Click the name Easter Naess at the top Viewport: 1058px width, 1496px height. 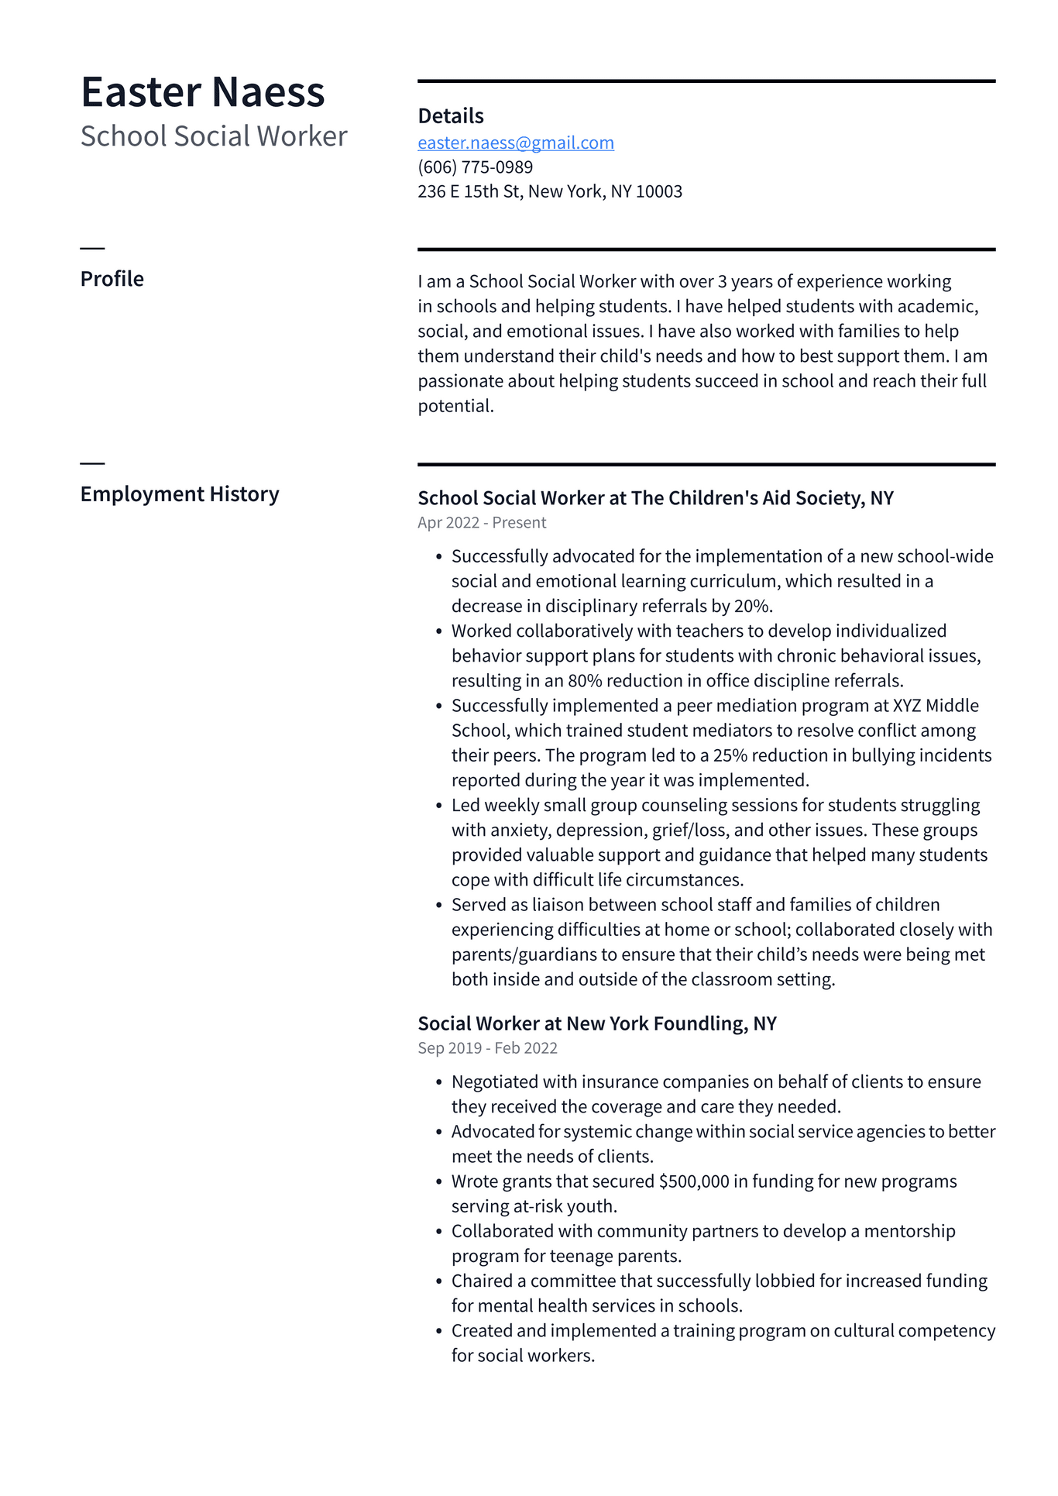[x=202, y=92]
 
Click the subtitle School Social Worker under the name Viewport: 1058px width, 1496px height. [x=214, y=136]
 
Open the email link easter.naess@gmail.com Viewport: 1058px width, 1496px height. [x=516, y=143]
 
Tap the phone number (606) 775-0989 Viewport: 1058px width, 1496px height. [x=475, y=167]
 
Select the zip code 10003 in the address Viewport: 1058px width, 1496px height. [x=658, y=191]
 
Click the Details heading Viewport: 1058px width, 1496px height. [x=450, y=116]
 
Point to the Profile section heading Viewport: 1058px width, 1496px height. [x=112, y=279]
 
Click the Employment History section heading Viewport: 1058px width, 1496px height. [x=180, y=494]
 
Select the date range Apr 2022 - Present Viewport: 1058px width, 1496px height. [x=482, y=523]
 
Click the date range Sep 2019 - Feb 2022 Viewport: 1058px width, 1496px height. [x=487, y=1048]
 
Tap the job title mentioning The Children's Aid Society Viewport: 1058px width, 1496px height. [x=655, y=498]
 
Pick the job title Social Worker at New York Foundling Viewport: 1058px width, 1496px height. [x=596, y=1023]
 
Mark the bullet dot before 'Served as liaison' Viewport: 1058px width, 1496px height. [x=438, y=906]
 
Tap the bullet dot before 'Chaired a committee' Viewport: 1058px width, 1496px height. [x=438, y=1281]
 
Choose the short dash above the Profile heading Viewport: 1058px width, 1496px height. [x=92, y=248]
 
